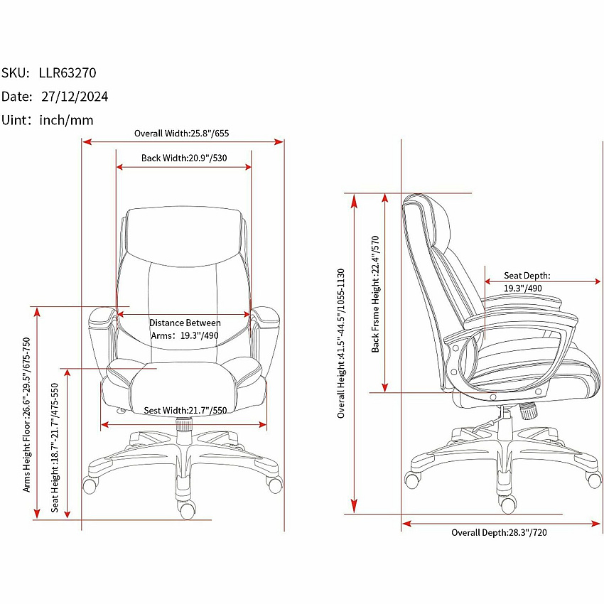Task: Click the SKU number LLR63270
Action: (68, 72)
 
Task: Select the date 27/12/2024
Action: (75, 97)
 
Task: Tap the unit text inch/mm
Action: (66, 120)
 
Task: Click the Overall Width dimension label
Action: (181, 134)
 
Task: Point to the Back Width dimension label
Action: (184, 158)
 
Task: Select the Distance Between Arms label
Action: (185, 329)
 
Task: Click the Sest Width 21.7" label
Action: (185, 410)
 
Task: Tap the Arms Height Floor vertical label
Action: (26, 415)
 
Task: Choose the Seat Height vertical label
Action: (55, 448)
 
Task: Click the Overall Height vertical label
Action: (341, 343)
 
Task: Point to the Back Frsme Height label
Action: (376, 294)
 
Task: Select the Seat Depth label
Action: (527, 281)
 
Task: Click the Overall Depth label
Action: (499, 532)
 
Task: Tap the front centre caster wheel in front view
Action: (187, 509)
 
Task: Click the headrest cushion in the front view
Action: (184, 236)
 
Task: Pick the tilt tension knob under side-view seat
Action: (528, 411)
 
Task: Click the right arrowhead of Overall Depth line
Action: (595, 524)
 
